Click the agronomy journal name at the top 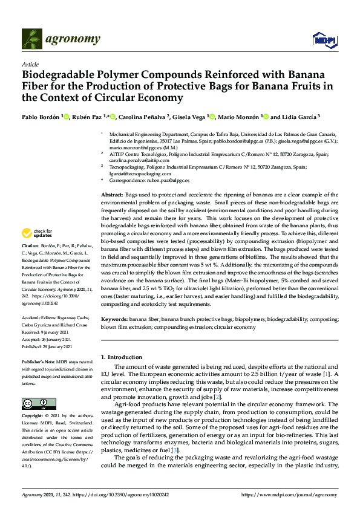click(72, 39)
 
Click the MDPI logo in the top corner click(322, 41)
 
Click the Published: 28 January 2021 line click(47, 347)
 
